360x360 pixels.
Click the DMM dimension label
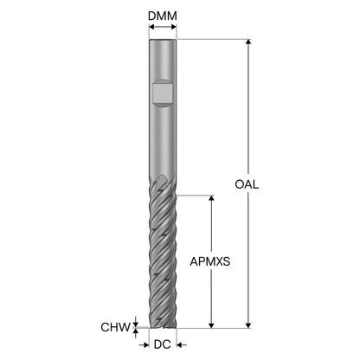pos(163,16)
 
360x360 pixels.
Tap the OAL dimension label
pos(247,184)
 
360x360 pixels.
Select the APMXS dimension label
pos(210,261)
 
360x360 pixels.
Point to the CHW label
pos(115,327)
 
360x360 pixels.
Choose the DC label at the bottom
pos(162,344)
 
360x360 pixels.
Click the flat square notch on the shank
pos(163,93)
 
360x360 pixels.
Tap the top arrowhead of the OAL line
pos(248,42)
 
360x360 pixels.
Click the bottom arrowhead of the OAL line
pos(248,325)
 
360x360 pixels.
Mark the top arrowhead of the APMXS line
pos(211,198)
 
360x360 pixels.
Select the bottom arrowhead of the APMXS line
pos(211,325)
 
